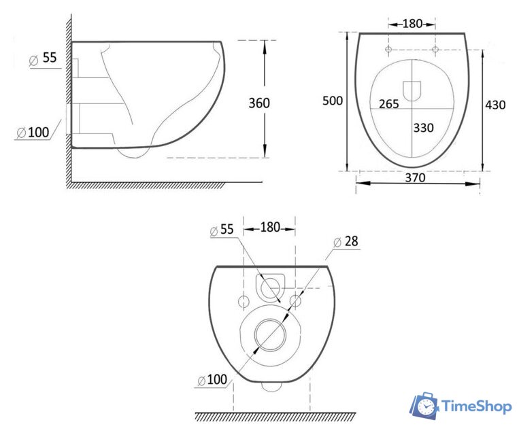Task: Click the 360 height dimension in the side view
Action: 259,103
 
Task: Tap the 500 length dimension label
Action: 333,101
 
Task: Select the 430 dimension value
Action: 495,105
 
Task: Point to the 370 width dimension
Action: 415,177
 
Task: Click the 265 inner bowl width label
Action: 388,104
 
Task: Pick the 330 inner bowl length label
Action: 423,128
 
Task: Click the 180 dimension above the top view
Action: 412,24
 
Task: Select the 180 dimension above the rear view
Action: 270,227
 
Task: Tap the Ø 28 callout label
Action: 346,241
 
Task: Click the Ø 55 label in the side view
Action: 43,58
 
